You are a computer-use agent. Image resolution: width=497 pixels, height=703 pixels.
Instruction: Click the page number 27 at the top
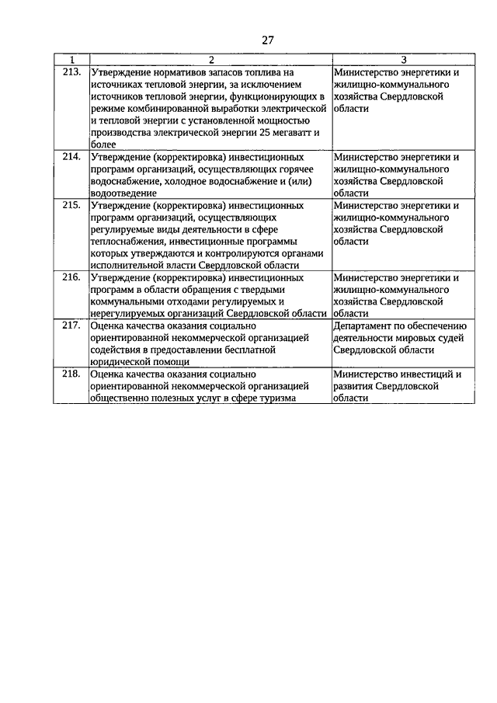[x=268, y=40]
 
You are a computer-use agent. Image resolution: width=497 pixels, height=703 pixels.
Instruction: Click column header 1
[x=71, y=60]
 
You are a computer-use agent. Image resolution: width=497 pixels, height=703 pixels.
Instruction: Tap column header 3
[x=403, y=60]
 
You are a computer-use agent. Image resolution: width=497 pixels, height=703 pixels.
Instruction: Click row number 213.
[x=71, y=73]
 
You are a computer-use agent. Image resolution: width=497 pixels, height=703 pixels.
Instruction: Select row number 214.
[x=71, y=157]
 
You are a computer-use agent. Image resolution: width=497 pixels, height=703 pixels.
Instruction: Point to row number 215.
[x=71, y=206]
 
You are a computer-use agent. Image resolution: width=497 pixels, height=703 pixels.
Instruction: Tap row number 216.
[x=71, y=277]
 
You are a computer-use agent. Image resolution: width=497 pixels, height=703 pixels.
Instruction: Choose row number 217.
[x=71, y=326]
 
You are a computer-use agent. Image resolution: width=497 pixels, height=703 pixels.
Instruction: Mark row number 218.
[x=71, y=374]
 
